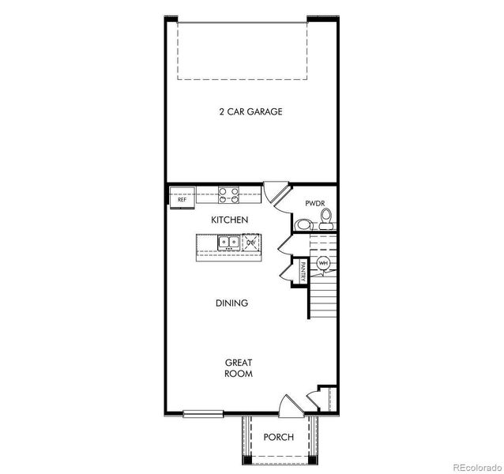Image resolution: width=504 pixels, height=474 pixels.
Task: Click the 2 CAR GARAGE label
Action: (x=250, y=111)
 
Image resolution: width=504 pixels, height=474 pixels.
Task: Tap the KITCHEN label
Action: (x=230, y=220)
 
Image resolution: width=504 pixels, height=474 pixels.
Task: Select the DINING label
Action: (x=231, y=303)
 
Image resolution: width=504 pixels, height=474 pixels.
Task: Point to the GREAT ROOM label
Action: (x=239, y=368)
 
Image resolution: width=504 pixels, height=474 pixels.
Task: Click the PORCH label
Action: (x=279, y=437)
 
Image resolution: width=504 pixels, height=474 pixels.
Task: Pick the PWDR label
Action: (x=315, y=203)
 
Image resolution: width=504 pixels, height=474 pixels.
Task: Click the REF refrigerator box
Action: (x=182, y=197)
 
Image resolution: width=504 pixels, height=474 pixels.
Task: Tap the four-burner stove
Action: (x=229, y=195)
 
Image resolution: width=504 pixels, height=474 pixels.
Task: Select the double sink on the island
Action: (x=228, y=243)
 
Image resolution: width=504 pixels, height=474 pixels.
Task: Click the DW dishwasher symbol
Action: (x=251, y=242)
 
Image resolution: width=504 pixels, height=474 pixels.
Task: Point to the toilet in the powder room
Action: (x=326, y=218)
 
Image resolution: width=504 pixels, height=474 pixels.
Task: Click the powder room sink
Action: (x=303, y=224)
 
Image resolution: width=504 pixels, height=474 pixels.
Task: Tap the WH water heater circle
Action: (x=323, y=263)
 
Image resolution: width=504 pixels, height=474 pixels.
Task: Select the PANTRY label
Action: (x=303, y=272)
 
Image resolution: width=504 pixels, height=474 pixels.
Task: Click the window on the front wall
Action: (x=203, y=414)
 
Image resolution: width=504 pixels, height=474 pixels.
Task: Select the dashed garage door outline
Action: (x=243, y=51)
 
